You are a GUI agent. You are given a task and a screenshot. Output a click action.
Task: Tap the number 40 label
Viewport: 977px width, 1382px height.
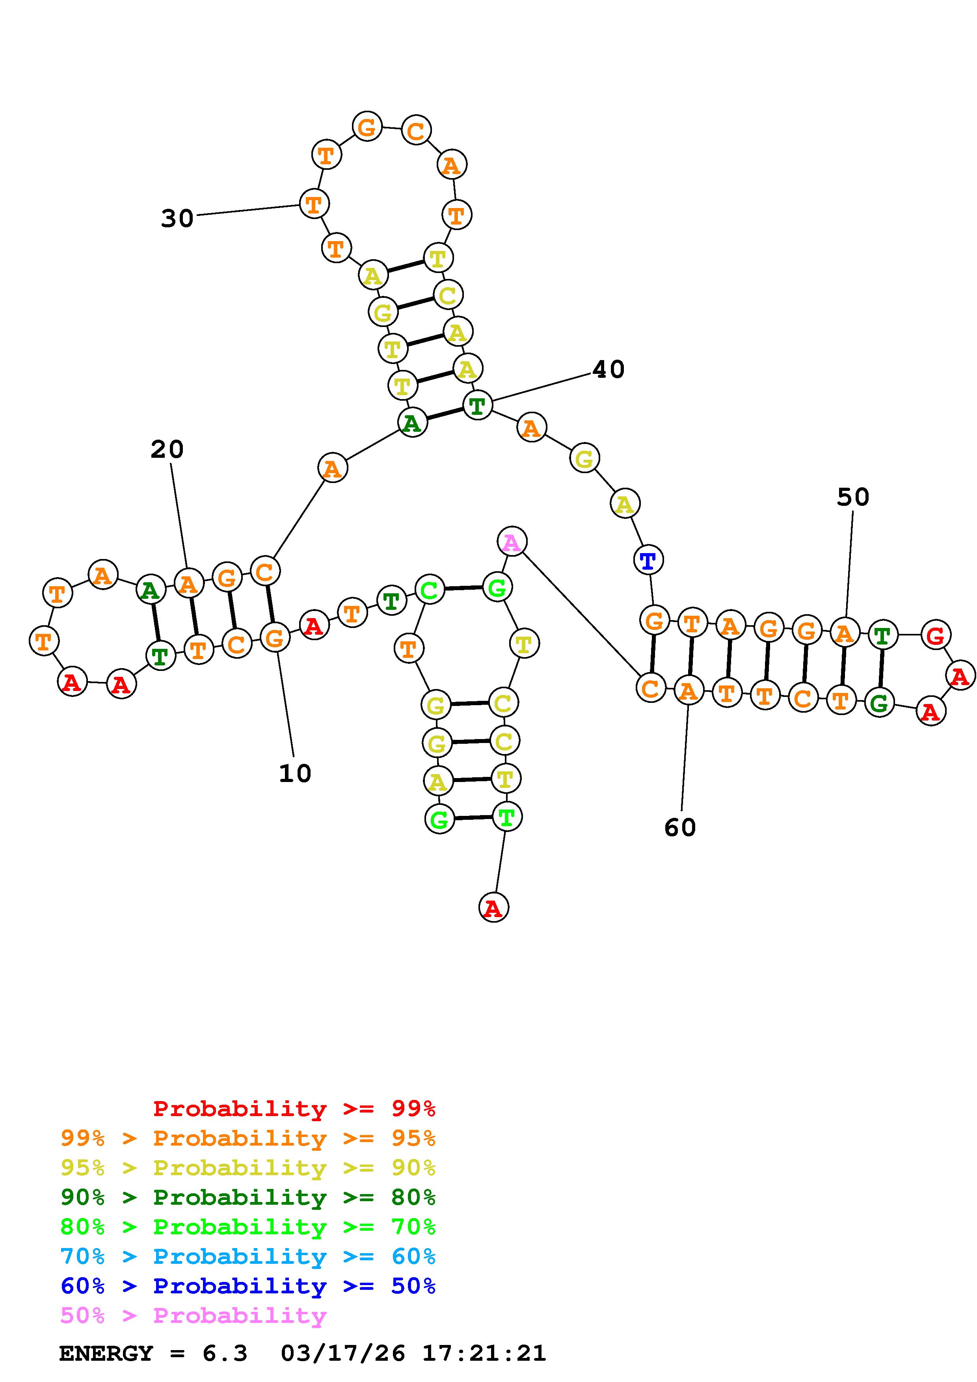click(x=608, y=369)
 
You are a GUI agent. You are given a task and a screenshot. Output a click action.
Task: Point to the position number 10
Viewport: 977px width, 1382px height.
click(x=295, y=773)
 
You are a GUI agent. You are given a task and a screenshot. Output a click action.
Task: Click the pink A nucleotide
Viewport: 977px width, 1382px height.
click(x=512, y=542)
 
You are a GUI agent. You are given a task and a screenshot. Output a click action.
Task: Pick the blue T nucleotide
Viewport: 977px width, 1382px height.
click(x=648, y=560)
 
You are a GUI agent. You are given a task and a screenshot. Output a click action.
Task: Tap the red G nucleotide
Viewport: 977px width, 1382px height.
click(x=935, y=635)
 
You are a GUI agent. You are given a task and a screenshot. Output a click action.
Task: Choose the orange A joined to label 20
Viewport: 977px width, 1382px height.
click(x=188, y=583)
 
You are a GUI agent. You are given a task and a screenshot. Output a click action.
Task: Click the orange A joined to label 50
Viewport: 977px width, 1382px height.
click(x=845, y=633)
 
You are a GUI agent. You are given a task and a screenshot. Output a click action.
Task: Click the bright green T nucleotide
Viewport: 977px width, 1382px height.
click(x=507, y=817)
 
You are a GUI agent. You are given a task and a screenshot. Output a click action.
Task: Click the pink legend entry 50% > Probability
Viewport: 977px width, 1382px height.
click(x=193, y=1315)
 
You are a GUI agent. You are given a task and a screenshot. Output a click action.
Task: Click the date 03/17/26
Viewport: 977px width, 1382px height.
click(x=342, y=1353)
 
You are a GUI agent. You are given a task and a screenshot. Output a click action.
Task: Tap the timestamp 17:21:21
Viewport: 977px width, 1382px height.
click(x=484, y=1353)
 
